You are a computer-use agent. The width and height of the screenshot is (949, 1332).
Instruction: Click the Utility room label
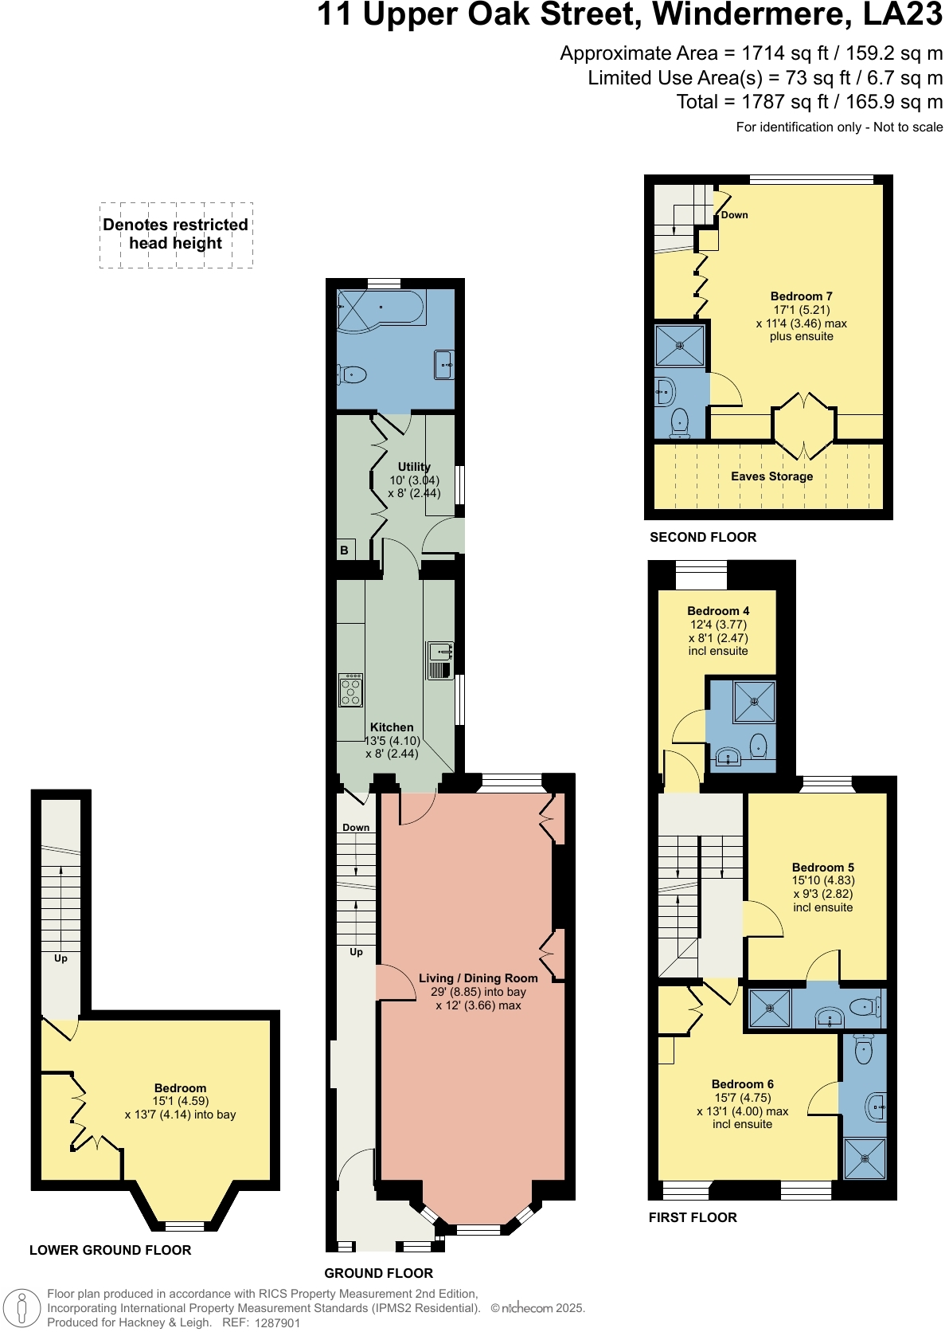(x=414, y=467)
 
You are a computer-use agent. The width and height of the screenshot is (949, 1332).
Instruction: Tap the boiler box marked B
(x=345, y=550)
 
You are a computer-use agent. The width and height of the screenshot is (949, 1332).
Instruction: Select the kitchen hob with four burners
(x=351, y=690)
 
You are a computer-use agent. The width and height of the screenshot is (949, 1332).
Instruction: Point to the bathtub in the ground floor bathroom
(x=381, y=308)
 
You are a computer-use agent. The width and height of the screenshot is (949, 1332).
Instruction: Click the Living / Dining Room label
(x=478, y=978)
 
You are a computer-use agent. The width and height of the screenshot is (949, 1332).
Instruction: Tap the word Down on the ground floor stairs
(x=356, y=827)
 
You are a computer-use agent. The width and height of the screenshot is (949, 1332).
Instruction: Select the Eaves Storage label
(x=771, y=476)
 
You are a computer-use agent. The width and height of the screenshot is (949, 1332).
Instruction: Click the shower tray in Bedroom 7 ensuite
(x=680, y=346)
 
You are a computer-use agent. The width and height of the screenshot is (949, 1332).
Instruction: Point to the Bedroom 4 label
(x=718, y=611)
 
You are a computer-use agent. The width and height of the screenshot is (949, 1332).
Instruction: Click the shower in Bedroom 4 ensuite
(x=753, y=701)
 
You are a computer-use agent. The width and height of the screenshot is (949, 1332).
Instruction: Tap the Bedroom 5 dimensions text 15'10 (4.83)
(x=823, y=880)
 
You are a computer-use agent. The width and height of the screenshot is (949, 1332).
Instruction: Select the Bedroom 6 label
(x=742, y=1084)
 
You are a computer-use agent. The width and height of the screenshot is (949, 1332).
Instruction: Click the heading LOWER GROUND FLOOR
(x=110, y=1250)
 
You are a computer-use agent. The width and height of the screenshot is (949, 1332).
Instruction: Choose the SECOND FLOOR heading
(x=703, y=537)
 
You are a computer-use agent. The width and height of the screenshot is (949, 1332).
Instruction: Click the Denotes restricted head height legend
(x=176, y=234)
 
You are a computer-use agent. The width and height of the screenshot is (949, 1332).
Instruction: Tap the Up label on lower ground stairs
(x=61, y=958)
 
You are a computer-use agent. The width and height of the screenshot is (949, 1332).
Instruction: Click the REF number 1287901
(x=277, y=1322)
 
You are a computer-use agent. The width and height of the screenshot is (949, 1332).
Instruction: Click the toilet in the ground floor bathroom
(x=353, y=374)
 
